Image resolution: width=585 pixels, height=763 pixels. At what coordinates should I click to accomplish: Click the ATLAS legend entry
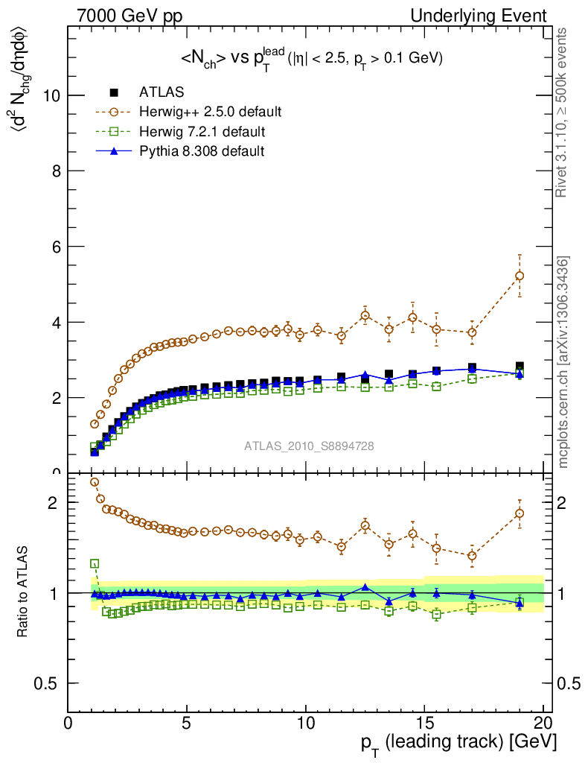[x=162, y=92]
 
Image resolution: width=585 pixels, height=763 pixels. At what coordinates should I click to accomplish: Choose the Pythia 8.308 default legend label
[x=202, y=151]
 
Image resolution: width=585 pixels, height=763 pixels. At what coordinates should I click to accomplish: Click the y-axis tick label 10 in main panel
[x=51, y=95]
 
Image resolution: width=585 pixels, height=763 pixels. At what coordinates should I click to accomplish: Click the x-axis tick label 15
[x=424, y=723]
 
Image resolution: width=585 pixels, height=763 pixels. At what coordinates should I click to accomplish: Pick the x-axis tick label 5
[x=187, y=723]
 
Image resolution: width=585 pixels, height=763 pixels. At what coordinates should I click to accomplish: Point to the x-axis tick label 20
[x=543, y=723]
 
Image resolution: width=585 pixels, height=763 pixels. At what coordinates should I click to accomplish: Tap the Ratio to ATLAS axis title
[x=25, y=593]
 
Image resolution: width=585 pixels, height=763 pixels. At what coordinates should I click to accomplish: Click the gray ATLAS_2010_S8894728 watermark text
[x=309, y=446]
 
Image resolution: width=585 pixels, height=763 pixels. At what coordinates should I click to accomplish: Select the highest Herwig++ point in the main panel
[x=520, y=276]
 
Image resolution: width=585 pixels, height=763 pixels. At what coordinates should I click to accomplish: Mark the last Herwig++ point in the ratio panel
[x=520, y=513]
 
